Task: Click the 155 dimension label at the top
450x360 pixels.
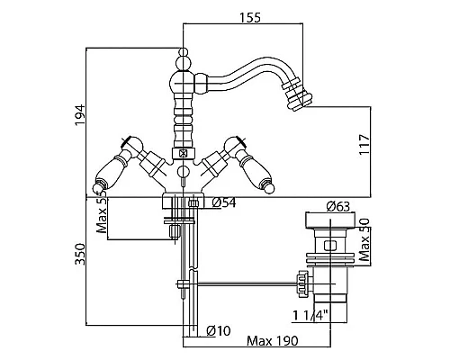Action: (250, 18)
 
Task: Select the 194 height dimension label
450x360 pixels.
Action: (80, 115)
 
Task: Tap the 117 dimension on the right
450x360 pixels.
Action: (364, 145)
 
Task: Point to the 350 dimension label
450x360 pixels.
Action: (80, 255)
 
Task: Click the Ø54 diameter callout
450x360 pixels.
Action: (224, 203)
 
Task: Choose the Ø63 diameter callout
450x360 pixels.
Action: (338, 206)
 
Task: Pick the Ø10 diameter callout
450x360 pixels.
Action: (219, 331)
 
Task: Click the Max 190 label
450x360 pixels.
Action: (273, 341)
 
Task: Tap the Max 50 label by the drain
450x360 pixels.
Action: (364, 240)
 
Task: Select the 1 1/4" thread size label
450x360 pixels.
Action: (310, 315)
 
